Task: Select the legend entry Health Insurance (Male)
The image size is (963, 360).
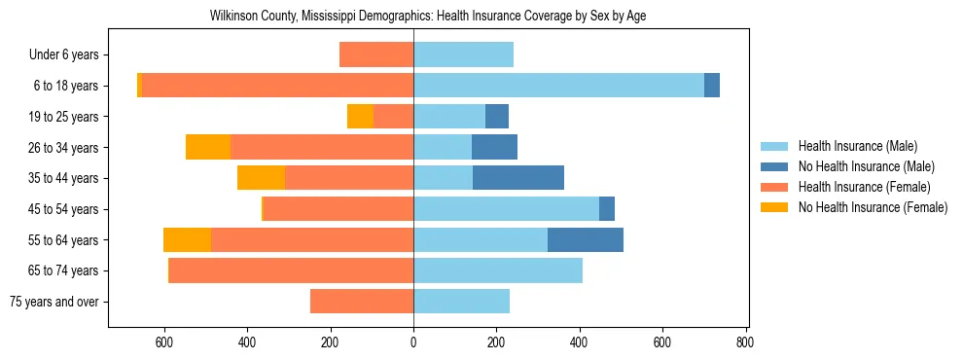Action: (857, 146)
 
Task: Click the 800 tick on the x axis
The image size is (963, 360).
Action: (745, 342)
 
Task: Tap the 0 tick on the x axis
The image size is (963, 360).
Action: (413, 342)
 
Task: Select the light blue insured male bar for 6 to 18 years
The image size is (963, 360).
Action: (558, 86)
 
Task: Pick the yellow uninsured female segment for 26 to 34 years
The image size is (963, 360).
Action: (208, 147)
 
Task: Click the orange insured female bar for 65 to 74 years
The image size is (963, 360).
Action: (292, 270)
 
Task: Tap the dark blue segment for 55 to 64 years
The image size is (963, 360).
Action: (586, 239)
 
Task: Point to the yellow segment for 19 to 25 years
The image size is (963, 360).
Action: (360, 117)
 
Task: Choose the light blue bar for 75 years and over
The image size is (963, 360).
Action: (461, 302)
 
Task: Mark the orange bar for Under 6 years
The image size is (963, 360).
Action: (376, 55)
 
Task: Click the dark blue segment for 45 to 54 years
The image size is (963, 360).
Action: (607, 209)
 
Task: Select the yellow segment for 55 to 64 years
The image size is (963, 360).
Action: (187, 239)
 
